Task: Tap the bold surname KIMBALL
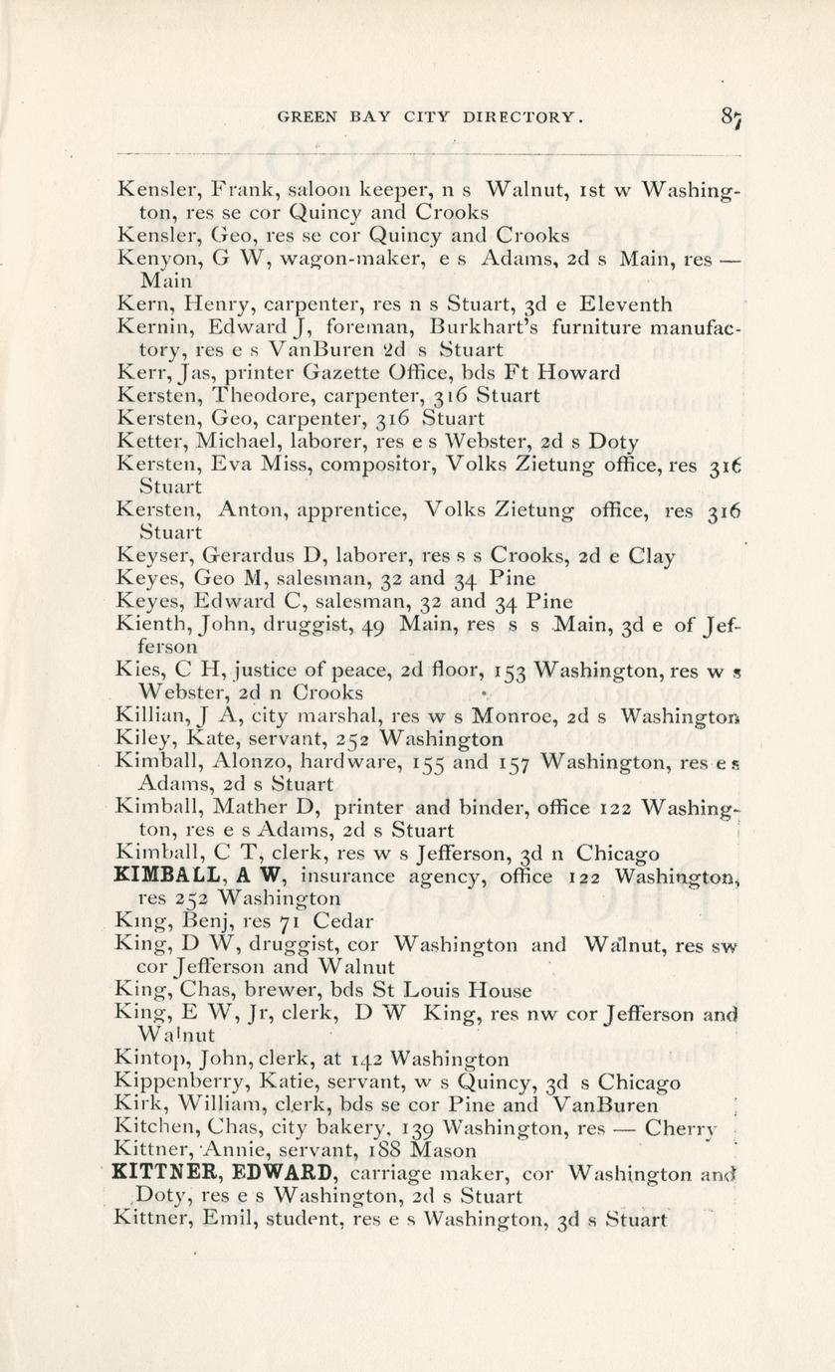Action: [161, 875]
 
